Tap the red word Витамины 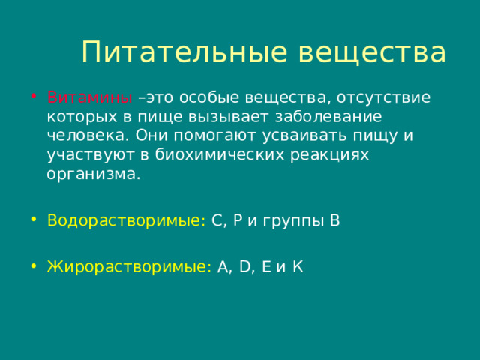[90, 97]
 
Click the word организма [93, 175]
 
